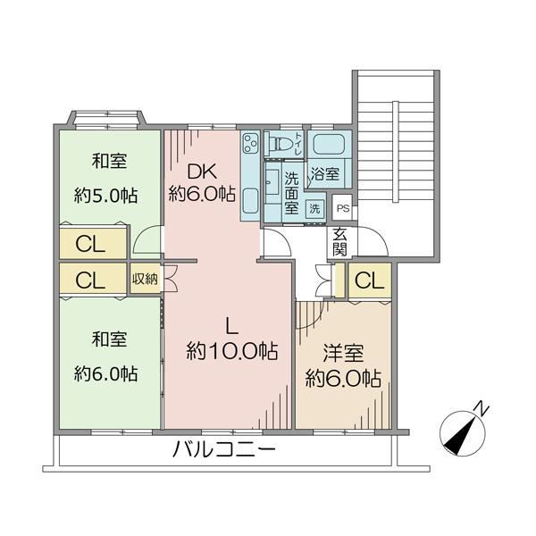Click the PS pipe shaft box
[343, 207]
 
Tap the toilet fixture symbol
[281, 143]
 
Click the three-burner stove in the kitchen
[251, 143]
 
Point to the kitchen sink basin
[251, 201]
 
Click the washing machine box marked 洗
[314, 208]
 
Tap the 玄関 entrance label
[340, 241]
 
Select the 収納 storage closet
[146, 278]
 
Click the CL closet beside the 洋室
[370, 281]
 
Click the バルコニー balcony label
[224, 448]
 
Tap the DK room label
[203, 172]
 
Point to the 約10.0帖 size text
[231, 351]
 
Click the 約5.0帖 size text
[106, 196]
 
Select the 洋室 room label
[343, 353]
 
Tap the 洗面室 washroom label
[291, 192]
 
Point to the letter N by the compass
[482, 409]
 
